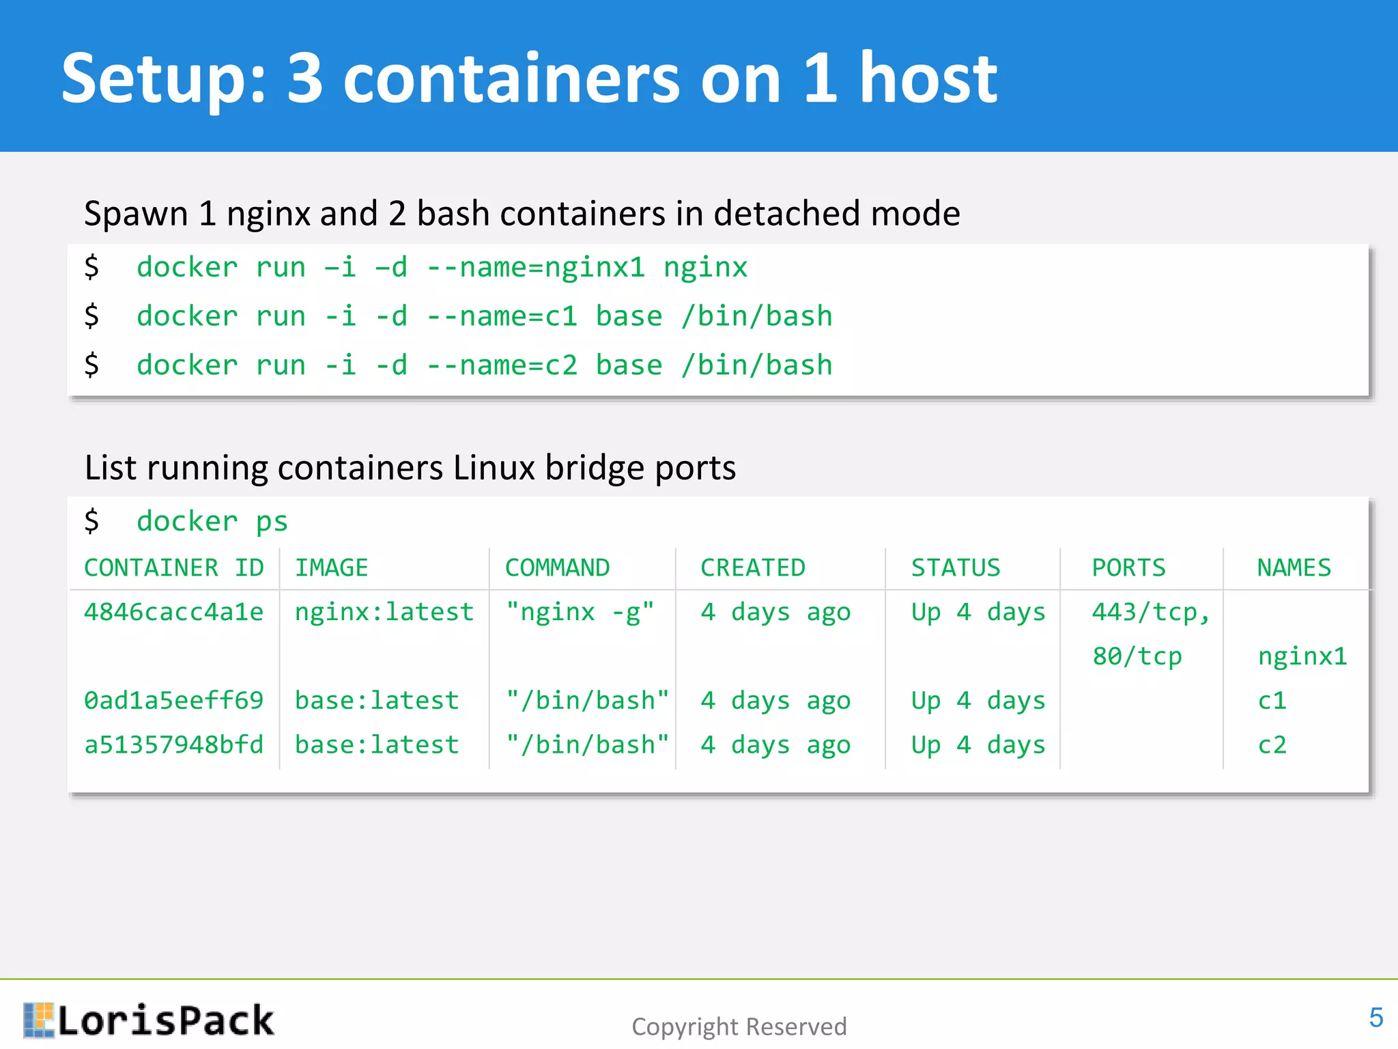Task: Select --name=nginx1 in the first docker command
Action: click(535, 267)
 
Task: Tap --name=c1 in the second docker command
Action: click(502, 316)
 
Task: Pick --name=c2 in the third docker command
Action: click(502, 365)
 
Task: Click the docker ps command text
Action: click(212, 522)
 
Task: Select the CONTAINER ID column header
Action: click(173, 568)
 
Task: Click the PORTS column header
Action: click(1128, 568)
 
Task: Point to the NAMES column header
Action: click(1294, 568)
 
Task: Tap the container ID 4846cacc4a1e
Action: click(173, 612)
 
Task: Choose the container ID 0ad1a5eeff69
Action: click(173, 701)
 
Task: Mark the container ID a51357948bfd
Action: click(173, 745)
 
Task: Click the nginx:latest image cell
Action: click(384, 612)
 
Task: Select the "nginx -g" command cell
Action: click(580, 612)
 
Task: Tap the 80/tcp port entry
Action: click(1137, 656)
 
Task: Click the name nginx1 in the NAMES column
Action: click(1302, 656)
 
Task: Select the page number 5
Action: click(1375, 1018)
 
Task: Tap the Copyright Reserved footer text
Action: click(739, 1026)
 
